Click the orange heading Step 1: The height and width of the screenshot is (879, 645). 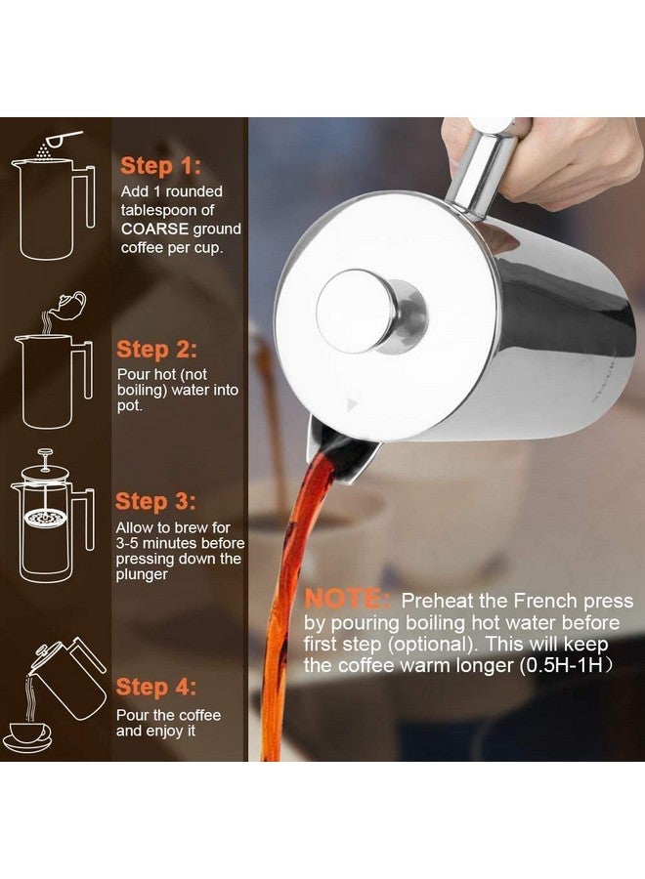coord(160,166)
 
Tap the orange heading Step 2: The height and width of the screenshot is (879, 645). coord(156,350)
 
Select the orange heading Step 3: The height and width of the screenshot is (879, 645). coord(156,502)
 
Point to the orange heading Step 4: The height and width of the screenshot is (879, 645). coord(156,687)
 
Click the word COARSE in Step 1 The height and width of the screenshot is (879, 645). coord(154,230)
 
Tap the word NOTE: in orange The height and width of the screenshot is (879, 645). coord(347,600)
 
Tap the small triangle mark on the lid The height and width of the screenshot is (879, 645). coord(352,403)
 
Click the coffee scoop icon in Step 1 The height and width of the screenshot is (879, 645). coord(64,139)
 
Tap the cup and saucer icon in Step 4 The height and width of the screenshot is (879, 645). coord(29,735)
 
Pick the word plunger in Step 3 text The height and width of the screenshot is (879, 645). coord(142,575)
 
